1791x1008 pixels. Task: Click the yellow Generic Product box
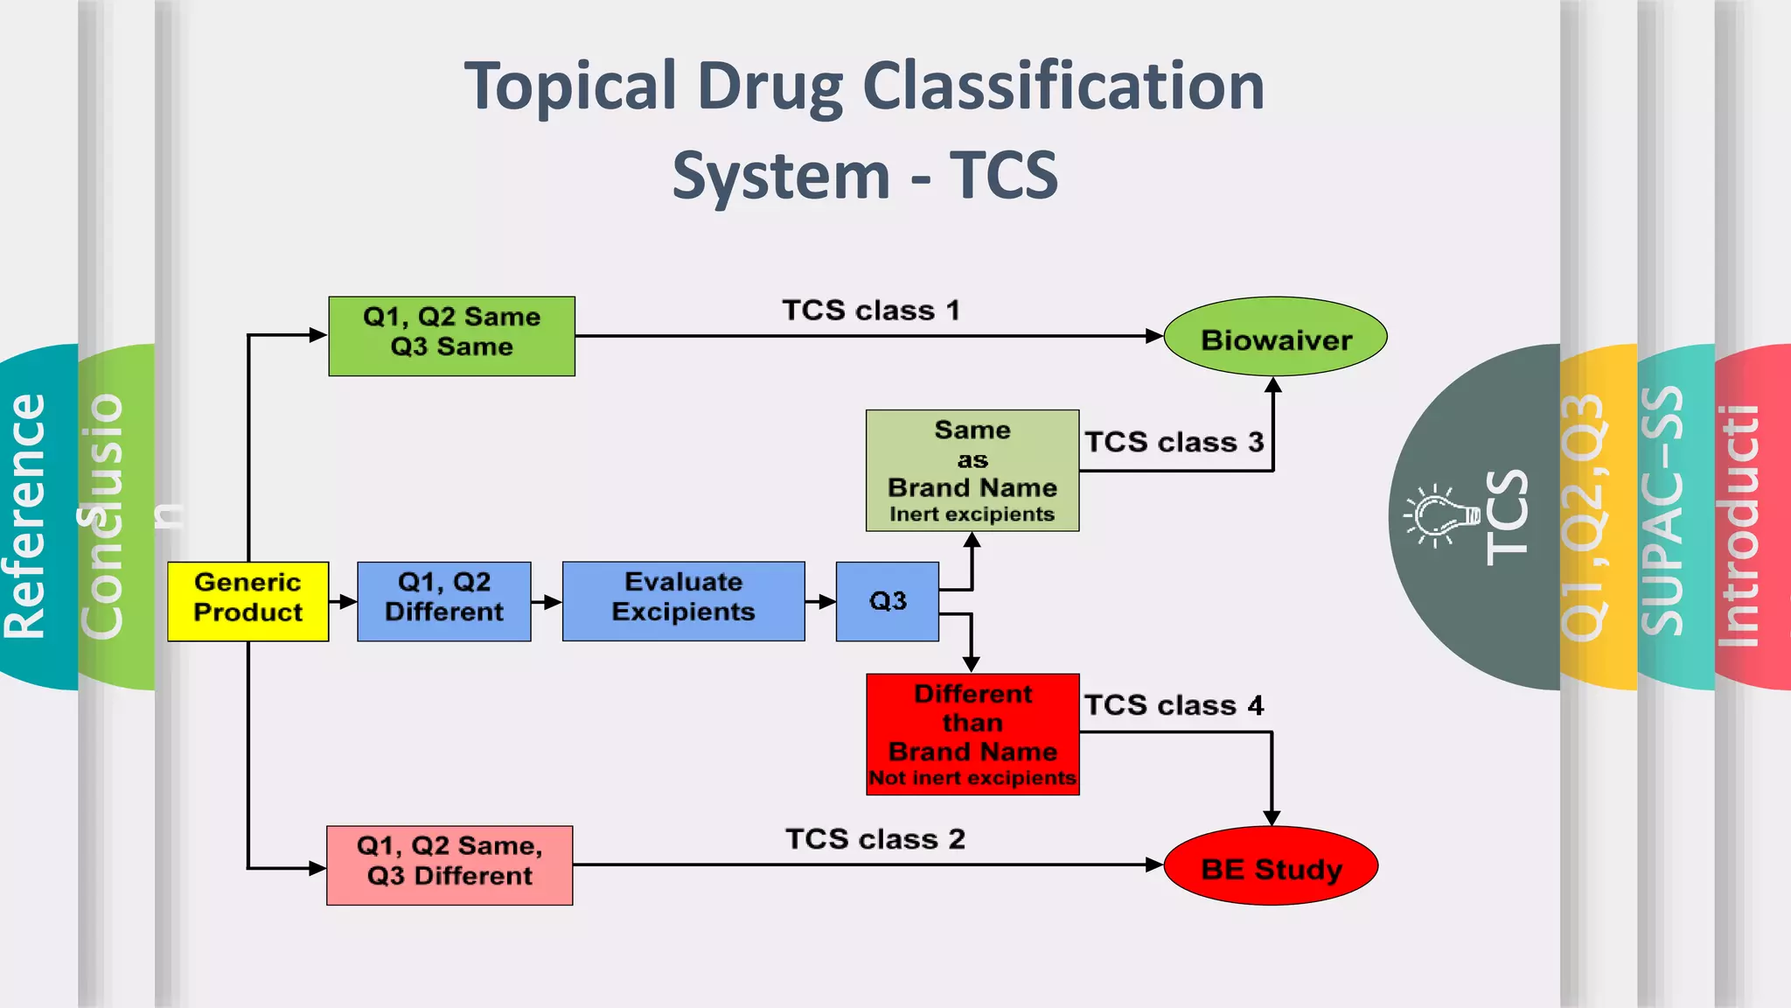247,601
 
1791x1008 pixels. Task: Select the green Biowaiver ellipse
1275,338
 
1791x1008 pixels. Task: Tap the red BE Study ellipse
1271,866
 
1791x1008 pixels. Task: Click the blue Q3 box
887,601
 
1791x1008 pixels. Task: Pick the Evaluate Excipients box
683,601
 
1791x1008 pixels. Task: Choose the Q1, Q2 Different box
443,601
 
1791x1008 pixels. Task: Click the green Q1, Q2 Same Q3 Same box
451,336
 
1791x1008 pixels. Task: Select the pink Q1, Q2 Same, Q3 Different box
449,864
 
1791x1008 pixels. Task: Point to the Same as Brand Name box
972,471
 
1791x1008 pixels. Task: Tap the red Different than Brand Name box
972,734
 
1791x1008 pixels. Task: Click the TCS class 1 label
871,311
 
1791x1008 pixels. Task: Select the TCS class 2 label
875,839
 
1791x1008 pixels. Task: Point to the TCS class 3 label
1174,442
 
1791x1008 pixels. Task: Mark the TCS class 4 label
1174,705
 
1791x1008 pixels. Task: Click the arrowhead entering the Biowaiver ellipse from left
1153,336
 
